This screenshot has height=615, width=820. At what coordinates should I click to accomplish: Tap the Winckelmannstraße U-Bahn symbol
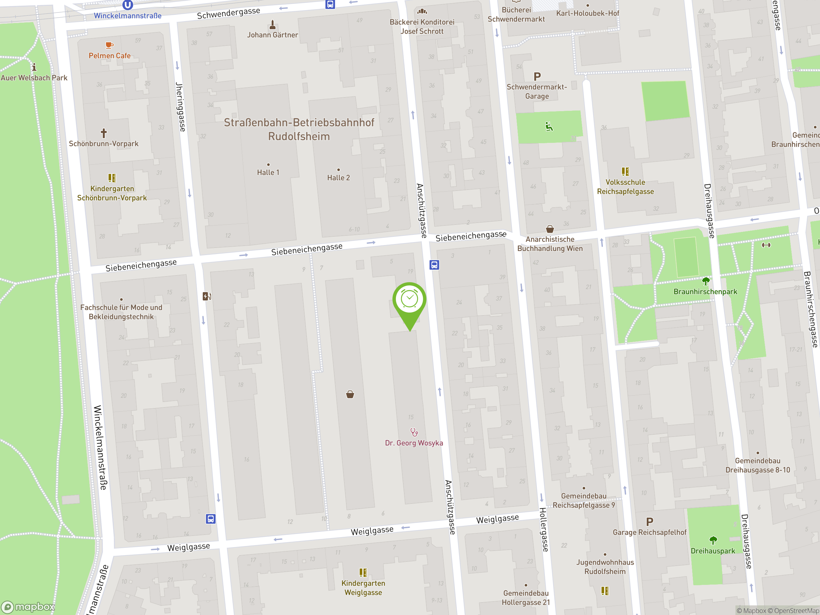coord(127,5)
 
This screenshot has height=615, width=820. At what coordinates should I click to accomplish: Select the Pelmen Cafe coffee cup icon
coord(109,45)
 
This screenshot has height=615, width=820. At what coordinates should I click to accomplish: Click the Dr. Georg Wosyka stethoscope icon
coord(414,432)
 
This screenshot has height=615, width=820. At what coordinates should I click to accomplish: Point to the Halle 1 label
coord(268,172)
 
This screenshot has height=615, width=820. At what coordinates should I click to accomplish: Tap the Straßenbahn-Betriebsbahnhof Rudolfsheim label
coord(299,129)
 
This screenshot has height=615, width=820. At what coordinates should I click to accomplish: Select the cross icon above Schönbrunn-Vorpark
coord(104,133)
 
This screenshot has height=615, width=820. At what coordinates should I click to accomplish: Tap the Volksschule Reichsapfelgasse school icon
coord(625,172)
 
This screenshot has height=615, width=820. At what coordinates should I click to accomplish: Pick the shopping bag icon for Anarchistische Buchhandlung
coord(550,229)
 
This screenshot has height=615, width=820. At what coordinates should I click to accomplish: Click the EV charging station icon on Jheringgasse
coord(207,296)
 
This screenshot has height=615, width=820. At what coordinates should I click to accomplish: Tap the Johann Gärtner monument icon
coord(273,25)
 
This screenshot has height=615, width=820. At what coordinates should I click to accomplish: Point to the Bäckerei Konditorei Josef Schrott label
coord(422,27)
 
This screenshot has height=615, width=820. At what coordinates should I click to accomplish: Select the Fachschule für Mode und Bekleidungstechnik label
coord(121,312)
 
